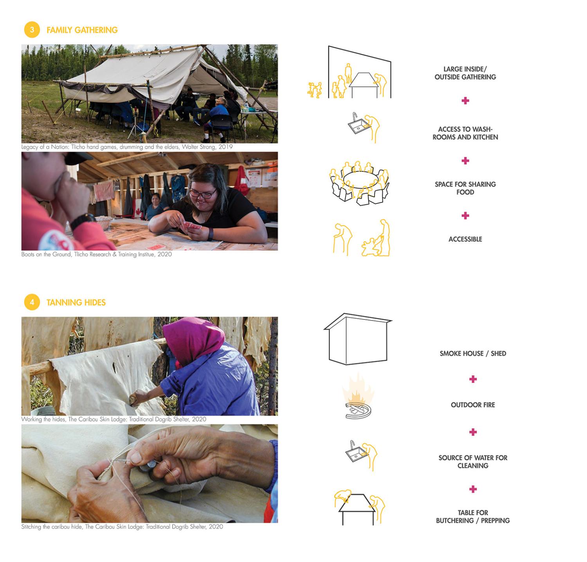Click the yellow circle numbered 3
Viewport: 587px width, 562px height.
[x=32, y=30]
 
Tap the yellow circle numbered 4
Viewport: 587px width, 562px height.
[x=32, y=302]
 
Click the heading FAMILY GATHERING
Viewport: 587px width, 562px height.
[x=82, y=30]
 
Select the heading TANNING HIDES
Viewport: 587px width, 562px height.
[x=76, y=303]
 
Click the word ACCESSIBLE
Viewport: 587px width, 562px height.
[x=465, y=239]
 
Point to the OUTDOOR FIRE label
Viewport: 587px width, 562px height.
[x=472, y=405]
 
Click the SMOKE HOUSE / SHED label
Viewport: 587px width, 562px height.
[x=472, y=353]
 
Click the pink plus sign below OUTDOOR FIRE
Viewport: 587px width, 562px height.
[x=473, y=432]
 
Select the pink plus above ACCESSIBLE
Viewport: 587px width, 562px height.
[x=465, y=216]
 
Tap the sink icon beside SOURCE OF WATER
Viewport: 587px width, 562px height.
[x=356, y=454]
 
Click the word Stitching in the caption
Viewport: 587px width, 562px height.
[x=32, y=527]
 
